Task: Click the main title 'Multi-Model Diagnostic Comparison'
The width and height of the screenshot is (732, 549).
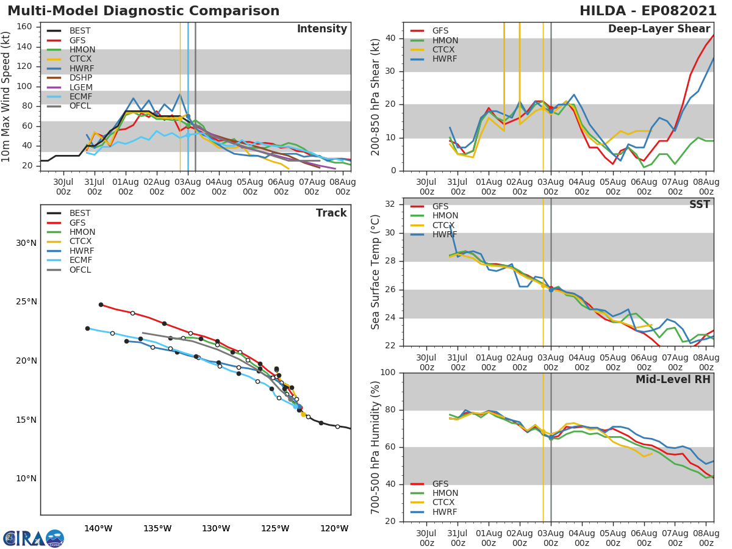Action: pyautogui.click(x=143, y=11)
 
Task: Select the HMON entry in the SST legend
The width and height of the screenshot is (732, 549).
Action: pyautogui.click(x=445, y=216)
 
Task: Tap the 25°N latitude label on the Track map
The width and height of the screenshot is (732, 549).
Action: pyautogui.click(x=26, y=302)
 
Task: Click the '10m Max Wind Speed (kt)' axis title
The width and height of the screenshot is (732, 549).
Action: pyautogui.click(x=7, y=96)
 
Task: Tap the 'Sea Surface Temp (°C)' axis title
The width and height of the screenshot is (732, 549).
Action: pyautogui.click(x=376, y=272)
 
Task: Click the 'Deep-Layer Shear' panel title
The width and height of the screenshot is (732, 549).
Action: pyautogui.click(x=659, y=29)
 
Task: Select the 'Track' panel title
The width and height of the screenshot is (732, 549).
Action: pyautogui.click(x=331, y=213)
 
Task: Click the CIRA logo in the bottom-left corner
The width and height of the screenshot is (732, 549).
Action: pyautogui.click(x=34, y=538)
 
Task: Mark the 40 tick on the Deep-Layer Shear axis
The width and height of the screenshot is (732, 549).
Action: pyautogui.click(x=390, y=38)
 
